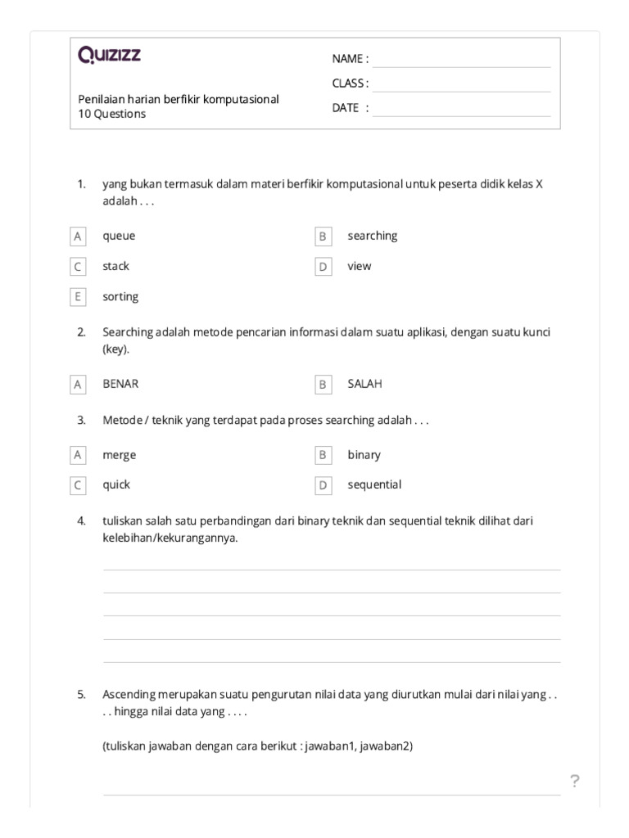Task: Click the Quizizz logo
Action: point(109,55)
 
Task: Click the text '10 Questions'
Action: point(112,115)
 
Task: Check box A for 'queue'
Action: point(78,237)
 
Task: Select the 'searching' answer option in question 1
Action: point(372,236)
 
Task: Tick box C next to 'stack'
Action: point(78,267)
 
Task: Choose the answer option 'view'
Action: point(359,266)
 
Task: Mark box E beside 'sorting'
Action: point(78,297)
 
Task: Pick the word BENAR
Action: point(120,384)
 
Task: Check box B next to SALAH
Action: point(323,384)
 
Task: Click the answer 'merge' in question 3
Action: point(120,455)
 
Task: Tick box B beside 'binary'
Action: point(323,455)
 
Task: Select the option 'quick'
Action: point(116,484)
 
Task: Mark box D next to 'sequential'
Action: point(323,485)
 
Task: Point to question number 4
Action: point(81,520)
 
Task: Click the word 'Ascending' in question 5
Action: point(129,695)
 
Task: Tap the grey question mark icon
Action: point(575,782)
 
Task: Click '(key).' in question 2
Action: point(115,349)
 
